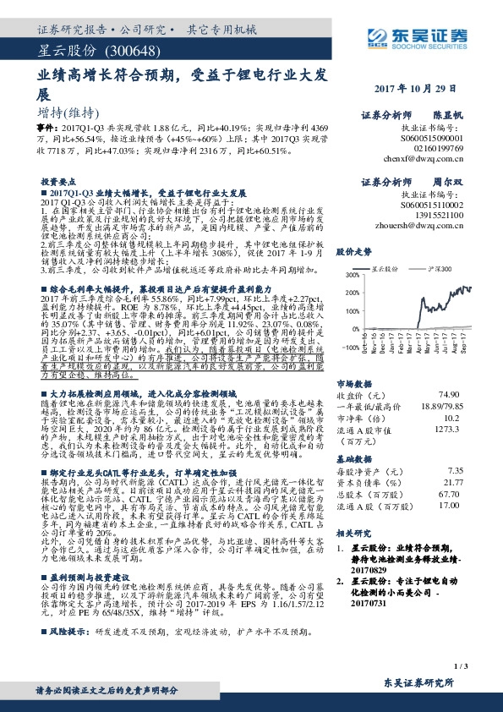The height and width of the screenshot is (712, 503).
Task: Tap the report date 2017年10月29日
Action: [x=420, y=88]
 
